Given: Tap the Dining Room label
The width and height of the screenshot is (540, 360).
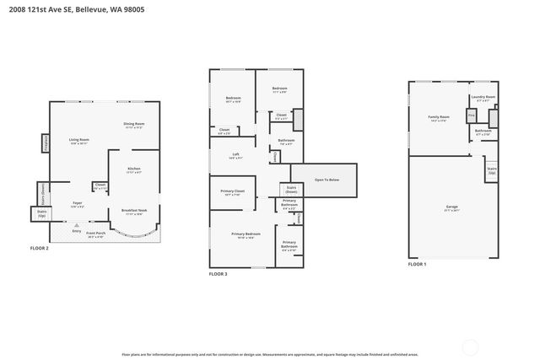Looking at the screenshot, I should coord(134,125).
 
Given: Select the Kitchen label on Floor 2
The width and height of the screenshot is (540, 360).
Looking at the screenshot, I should coord(133,169).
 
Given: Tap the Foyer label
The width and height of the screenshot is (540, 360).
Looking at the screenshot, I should coord(77,203).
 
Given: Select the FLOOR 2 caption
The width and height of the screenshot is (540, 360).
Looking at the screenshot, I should coord(40,249).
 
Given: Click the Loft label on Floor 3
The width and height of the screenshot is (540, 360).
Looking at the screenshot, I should coord(236,154).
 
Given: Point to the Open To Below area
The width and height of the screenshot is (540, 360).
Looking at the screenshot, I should coord(326,180).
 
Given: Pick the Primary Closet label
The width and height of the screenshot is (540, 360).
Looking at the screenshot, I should coord(232,192).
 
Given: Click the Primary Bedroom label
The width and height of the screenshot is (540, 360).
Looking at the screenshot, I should coord(246,234).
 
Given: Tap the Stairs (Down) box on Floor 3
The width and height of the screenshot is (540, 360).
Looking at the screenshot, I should coord(290,190).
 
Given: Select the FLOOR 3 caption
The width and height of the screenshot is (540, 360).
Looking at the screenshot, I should coord(219,274).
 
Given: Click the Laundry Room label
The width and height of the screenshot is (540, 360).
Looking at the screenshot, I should coord(483,99).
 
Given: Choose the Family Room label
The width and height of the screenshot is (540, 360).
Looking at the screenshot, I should coord(438,117).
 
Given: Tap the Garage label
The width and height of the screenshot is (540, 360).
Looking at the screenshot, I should coord(451,207).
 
